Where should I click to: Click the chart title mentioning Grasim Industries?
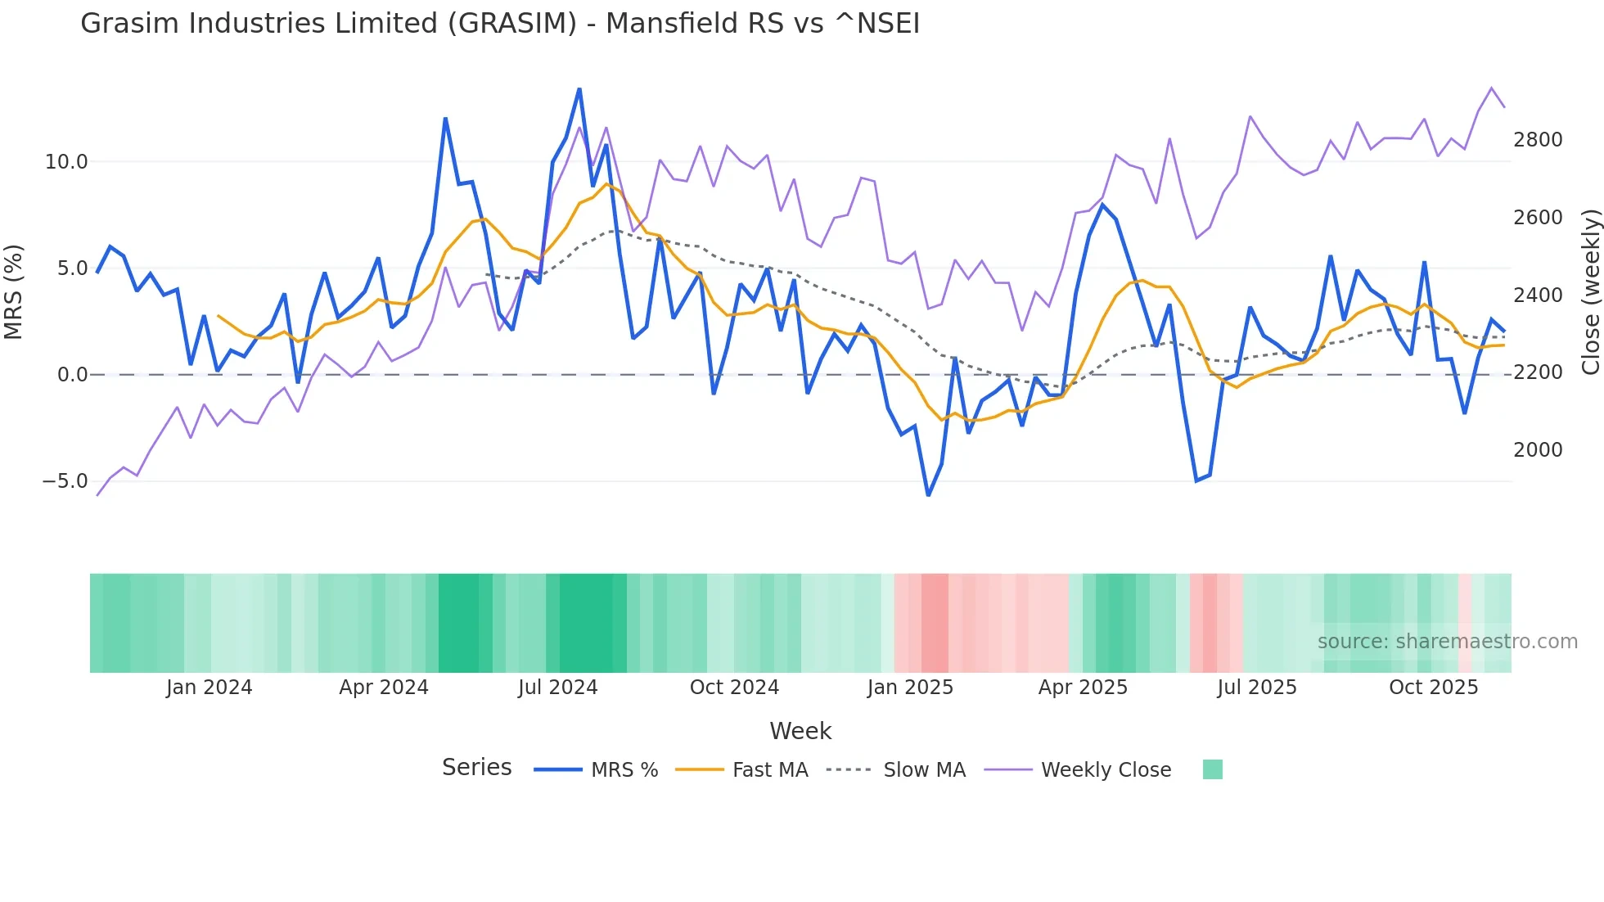coord(500,23)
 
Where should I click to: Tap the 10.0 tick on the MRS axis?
coord(65,162)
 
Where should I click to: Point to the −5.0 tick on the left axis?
coord(65,481)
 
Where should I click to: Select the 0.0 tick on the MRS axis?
coord(72,375)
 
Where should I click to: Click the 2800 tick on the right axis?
coord(1538,140)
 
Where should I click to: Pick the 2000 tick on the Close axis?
coord(1538,450)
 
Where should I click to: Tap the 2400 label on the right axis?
coord(1538,295)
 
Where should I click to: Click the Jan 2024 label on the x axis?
coord(209,688)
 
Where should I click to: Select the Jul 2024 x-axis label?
coord(557,688)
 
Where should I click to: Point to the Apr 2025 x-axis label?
coord(1083,688)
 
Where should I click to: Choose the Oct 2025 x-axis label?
coord(1433,688)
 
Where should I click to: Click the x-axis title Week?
coord(800,731)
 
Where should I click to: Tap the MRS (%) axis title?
coord(14,291)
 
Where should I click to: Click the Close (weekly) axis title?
coord(1590,291)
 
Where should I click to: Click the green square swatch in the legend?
coord(1212,769)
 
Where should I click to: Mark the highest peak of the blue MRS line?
coord(579,89)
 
